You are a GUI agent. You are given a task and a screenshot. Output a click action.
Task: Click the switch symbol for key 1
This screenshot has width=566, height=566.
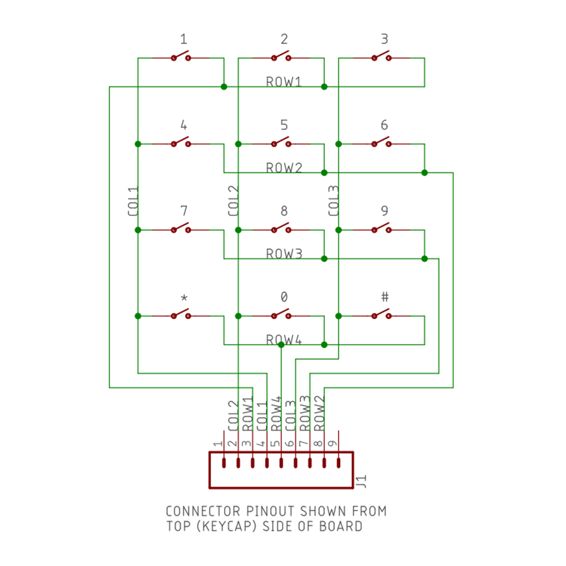pyautogui.click(x=181, y=57)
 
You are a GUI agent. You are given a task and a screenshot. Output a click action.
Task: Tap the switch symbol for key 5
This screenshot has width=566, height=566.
pyautogui.click(x=281, y=143)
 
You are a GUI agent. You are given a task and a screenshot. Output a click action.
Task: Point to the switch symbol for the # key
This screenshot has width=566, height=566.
pyautogui.click(x=381, y=314)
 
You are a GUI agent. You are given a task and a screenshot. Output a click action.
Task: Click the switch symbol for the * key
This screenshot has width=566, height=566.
pyautogui.click(x=181, y=314)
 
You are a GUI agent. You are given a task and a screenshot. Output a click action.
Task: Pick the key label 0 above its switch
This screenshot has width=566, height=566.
pyautogui.click(x=284, y=297)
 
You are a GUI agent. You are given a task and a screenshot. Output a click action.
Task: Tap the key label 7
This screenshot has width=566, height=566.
pyautogui.click(x=184, y=211)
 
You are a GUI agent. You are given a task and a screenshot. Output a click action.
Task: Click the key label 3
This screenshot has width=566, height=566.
pyautogui.click(x=384, y=38)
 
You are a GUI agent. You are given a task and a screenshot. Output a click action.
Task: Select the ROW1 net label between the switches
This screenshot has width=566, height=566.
pyautogui.click(x=284, y=82)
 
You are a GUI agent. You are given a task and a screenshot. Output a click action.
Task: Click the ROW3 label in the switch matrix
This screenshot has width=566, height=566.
pyautogui.click(x=284, y=254)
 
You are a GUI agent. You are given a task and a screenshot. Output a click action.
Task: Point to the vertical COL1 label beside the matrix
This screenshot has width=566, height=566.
pyautogui.click(x=133, y=201)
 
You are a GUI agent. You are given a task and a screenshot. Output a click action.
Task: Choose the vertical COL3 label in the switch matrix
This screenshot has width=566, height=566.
pyautogui.click(x=333, y=201)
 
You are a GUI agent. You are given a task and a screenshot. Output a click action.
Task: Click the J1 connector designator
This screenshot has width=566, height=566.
pyautogui.click(x=361, y=482)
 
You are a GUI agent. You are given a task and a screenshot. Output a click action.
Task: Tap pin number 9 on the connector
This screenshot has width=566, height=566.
pyautogui.click(x=332, y=443)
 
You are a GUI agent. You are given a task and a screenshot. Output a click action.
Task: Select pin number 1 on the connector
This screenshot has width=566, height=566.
pyautogui.click(x=218, y=443)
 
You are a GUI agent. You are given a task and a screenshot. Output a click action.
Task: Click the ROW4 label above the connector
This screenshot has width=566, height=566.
pyautogui.click(x=276, y=414)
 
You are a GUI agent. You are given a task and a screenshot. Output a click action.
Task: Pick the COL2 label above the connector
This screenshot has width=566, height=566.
pyautogui.click(x=233, y=416)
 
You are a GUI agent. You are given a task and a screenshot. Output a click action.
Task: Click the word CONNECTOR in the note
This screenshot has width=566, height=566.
pyautogui.click(x=203, y=511)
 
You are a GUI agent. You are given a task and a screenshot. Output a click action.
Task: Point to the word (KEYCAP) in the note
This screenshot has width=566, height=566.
pyautogui.click(x=227, y=526)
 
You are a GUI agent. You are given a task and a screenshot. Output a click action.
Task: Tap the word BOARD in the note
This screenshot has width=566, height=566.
pyautogui.click(x=341, y=526)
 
